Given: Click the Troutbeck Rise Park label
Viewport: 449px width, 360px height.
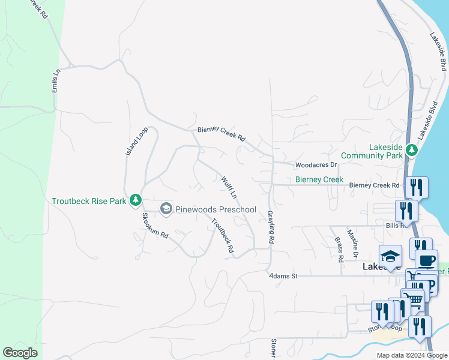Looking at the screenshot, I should pyautogui.click(x=89, y=201).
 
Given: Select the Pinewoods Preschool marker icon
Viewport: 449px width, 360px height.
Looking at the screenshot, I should pyautogui.click(x=166, y=209).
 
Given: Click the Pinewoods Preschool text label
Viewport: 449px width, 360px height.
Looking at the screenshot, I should pyautogui.click(x=215, y=209).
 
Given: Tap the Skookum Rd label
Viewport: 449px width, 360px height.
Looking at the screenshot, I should pyautogui.click(x=154, y=225).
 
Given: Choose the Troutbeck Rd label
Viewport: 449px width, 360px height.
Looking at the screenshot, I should pyautogui.click(x=222, y=235).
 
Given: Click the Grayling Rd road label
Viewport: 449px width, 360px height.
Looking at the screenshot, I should pyautogui.click(x=271, y=227).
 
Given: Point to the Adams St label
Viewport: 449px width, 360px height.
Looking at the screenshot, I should pyautogui.click(x=283, y=276).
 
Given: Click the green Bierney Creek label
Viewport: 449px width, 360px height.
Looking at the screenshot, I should pyautogui.click(x=319, y=179).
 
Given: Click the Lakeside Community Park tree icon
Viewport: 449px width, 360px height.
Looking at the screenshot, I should pyautogui.click(x=412, y=149).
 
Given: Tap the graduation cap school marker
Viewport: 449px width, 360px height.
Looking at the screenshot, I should pyautogui.click(x=390, y=255).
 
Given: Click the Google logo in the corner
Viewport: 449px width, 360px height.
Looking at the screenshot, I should pyautogui.click(x=20, y=353).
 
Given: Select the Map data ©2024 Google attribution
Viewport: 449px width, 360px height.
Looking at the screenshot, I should pyautogui.click(x=412, y=355).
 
